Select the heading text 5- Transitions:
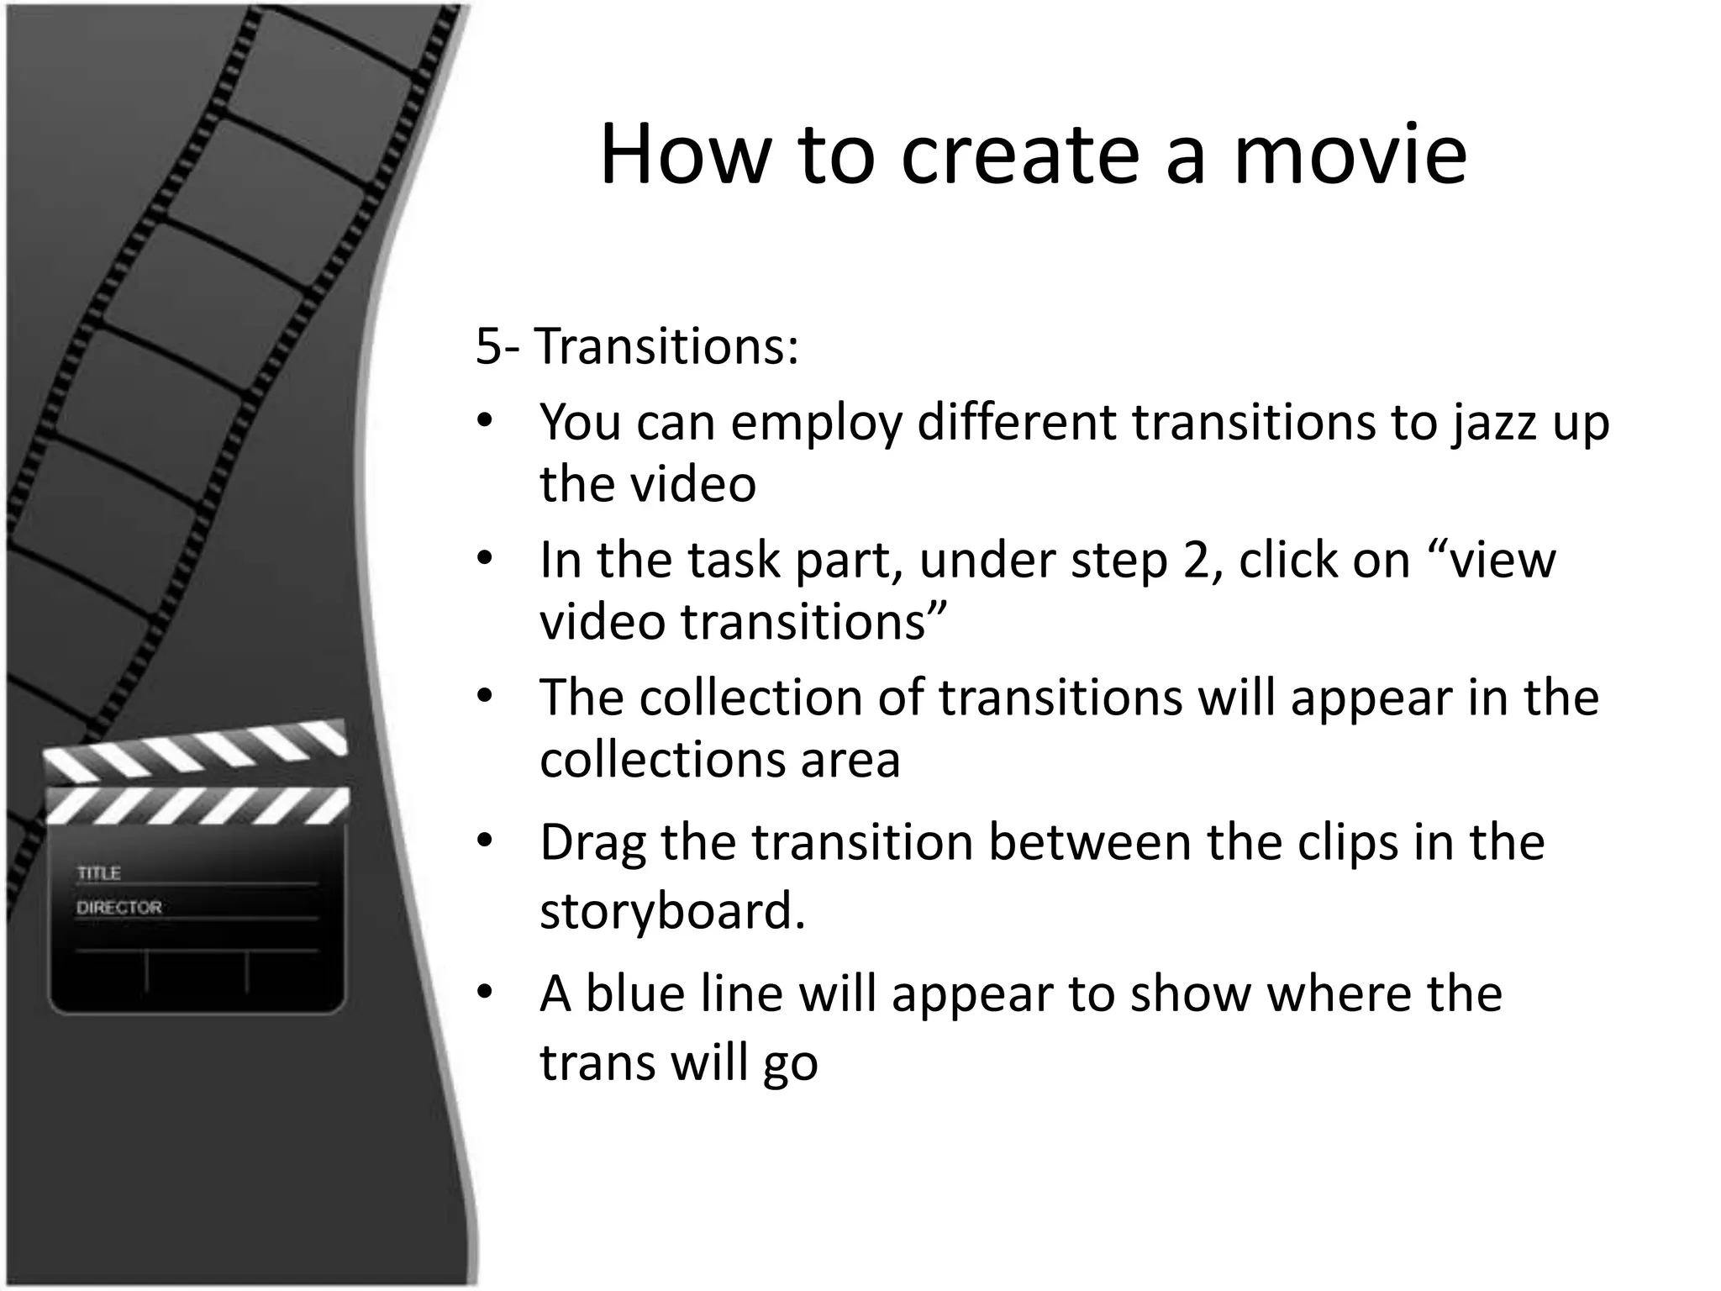pos(636,345)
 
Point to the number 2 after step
pos(1195,561)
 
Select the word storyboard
pos(671,911)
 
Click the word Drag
pos(592,843)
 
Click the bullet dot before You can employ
pos(483,422)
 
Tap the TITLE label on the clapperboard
pos(99,873)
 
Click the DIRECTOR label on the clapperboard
pos(118,908)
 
